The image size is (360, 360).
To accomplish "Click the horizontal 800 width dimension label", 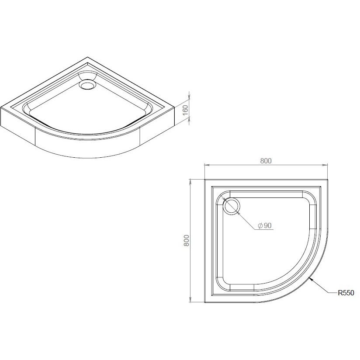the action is tap(266, 161).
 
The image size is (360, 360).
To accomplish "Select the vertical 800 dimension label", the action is tap(187, 241).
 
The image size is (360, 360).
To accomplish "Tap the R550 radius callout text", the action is tap(346, 293).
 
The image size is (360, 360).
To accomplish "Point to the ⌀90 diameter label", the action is tap(264, 225).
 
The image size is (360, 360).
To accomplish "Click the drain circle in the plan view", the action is tap(232, 206).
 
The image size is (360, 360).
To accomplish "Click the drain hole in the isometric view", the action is tap(87, 85).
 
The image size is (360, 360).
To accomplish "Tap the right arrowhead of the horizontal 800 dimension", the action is tap(325, 165).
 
